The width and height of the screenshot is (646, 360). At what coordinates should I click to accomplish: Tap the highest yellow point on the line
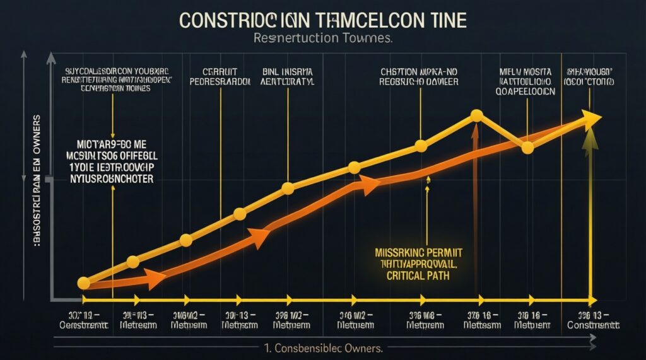[x=477, y=115]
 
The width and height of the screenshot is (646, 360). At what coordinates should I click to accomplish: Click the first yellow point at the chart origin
[x=83, y=283]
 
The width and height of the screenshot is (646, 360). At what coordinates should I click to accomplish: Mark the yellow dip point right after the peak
[x=527, y=148]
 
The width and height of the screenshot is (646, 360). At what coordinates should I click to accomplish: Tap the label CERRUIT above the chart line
[x=220, y=71]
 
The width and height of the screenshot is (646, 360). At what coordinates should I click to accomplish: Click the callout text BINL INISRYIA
[x=288, y=71]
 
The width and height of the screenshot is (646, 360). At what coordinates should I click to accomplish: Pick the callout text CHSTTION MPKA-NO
[x=419, y=71]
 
